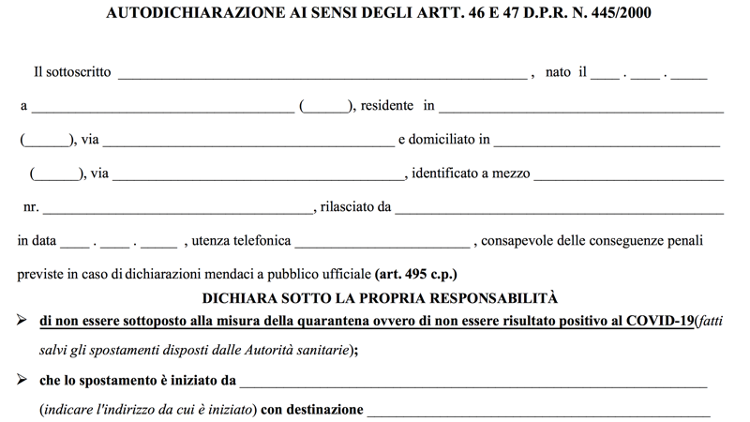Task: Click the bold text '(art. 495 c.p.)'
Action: [416, 276]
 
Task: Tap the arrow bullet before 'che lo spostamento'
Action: [22, 381]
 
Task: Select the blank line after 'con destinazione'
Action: [538, 414]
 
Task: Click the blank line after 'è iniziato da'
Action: [473, 384]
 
